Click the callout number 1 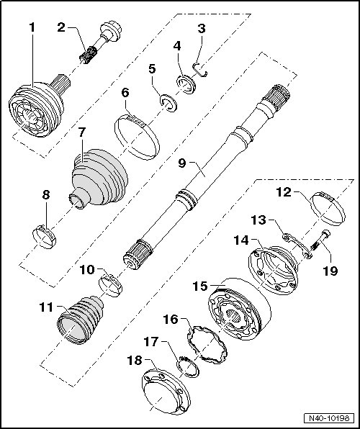[x=32, y=27]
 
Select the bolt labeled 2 [x=100, y=43]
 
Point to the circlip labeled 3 [x=200, y=70]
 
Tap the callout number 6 [x=125, y=93]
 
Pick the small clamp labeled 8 [x=44, y=237]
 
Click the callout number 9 [x=181, y=163]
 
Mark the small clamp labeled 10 [x=110, y=285]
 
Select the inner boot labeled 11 [x=80, y=319]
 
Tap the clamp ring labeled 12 [x=329, y=209]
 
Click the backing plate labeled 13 [x=297, y=245]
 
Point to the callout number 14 [x=241, y=240]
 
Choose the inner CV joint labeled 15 [x=239, y=310]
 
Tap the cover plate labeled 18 [x=166, y=391]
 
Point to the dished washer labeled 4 [x=186, y=84]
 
